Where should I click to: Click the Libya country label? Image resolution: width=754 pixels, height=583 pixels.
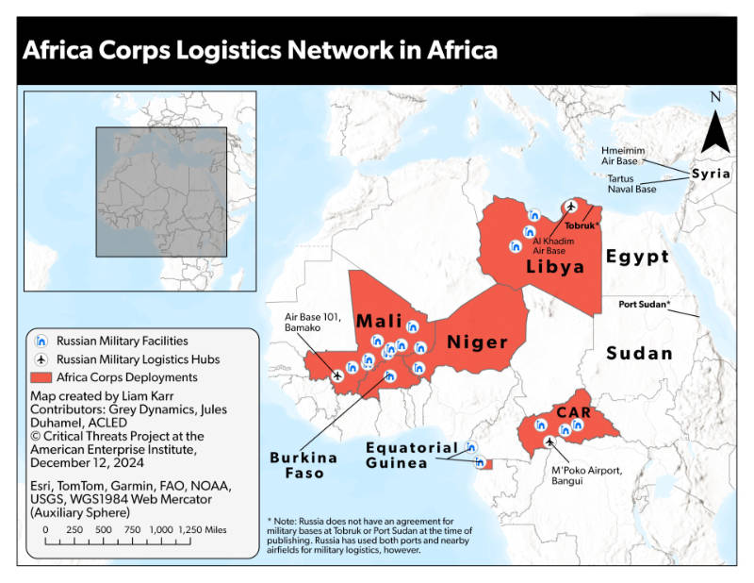pos(555,267)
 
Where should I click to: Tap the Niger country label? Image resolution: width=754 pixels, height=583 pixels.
pos(477,341)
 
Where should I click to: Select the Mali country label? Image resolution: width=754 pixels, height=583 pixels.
pos(381,322)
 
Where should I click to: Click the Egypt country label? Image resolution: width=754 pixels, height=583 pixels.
pos(638,256)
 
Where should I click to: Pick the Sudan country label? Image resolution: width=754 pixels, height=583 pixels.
pos(639,354)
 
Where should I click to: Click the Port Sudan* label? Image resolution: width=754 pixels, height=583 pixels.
pos(645,305)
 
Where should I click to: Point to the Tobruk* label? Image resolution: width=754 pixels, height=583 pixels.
pos(582,226)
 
